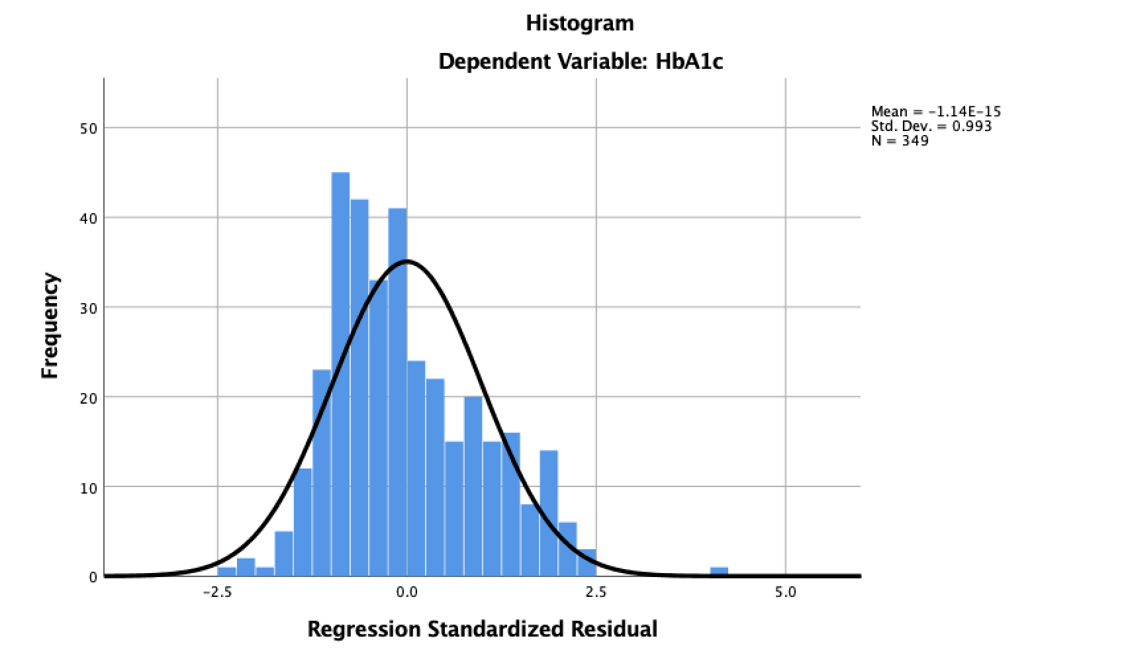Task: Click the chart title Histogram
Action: pyautogui.click(x=579, y=23)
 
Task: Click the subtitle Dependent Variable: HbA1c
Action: pyautogui.click(x=581, y=62)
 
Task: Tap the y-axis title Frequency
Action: pyautogui.click(x=50, y=326)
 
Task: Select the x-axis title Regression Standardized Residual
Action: pyautogui.click(x=482, y=628)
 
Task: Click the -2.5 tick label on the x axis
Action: pyautogui.click(x=216, y=592)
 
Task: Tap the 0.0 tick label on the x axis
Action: pyautogui.click(x=406, y=592)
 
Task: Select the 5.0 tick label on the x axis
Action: pyautogui.click(x=785, y=592)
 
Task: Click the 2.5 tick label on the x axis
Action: pyautogui.click(x=596, y=592)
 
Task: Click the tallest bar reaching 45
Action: pyautogui.click(x=340, y=371)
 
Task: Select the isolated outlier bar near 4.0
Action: pyautogui.click(x=719, y=572)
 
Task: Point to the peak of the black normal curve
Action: pyautogui.click(x=406, y=261)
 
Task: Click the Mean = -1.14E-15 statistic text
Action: pyautogui.click(x=935, y=111)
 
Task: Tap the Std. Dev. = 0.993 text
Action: pyautogui.click(x=931, y=126)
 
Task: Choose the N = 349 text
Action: pyautogui.click(x=900, y=140)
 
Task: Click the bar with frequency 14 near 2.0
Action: pyautogui.click(x=548, y=513)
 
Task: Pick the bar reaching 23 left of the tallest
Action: pyautogui.click(x=322, y=473)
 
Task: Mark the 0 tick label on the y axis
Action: pyautogui.click(x=93, y=577)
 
